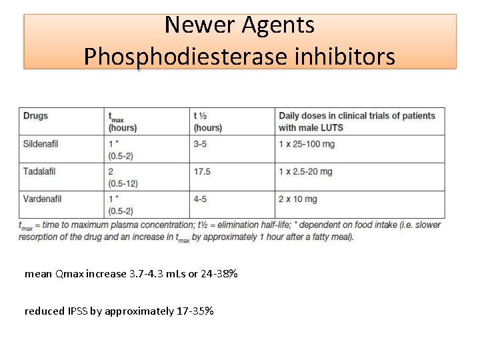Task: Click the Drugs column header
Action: click(36, 116)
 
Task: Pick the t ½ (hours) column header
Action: click(207, 121)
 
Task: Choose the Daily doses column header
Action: click(357, 121)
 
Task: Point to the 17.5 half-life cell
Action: click(202, 171)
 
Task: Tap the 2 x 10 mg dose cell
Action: click(298, 199)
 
